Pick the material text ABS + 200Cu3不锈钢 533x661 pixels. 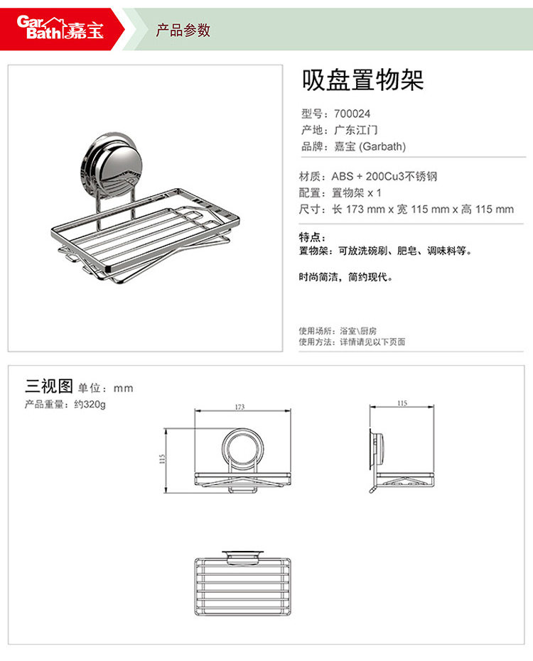384,176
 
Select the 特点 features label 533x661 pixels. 312,237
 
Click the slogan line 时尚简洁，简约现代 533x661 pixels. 345,277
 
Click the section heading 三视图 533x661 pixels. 49,386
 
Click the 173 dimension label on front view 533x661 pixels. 239,408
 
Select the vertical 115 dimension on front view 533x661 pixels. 163,459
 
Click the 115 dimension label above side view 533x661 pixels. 402,403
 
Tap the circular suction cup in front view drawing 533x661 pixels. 242,448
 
